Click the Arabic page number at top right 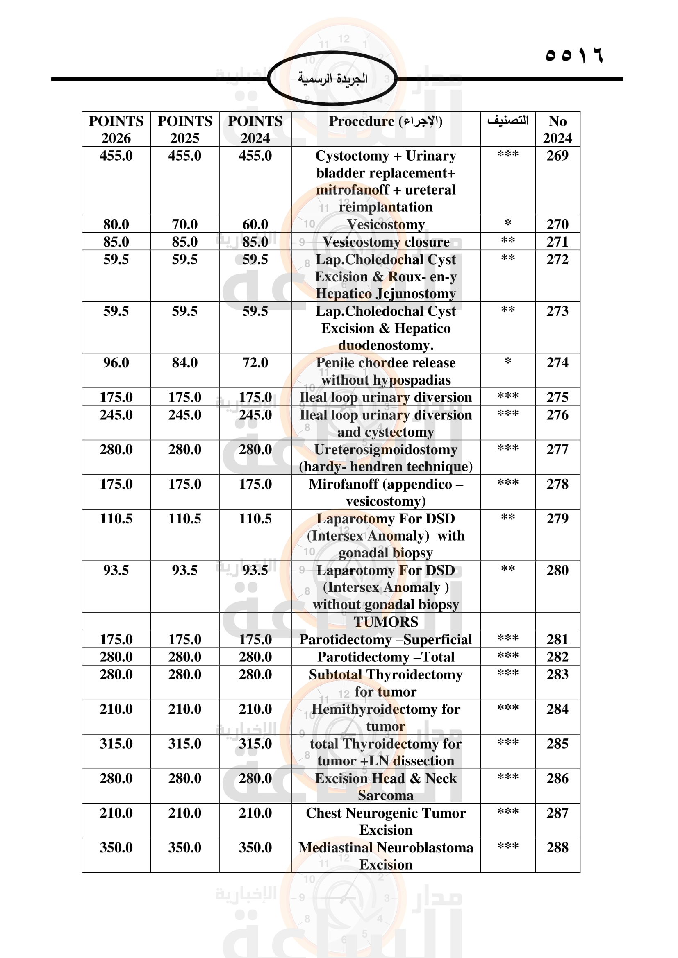pos(573,55)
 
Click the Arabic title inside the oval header pos(332,79)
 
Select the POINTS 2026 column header pos(116,129)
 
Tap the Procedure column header pos(385,121)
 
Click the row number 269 pos(557,156)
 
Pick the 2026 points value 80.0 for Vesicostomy pos(116,224)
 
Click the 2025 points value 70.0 pos(184,224)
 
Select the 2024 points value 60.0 pos(255,224)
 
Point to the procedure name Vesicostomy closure pos(386,242)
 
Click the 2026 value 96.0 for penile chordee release pos(116,362)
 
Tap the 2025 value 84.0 pos(184,362)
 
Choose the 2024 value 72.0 pos(255,362)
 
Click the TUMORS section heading pos(386,622)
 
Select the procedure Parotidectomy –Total pos(386,657)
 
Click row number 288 pos(557,847)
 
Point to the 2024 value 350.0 pos(255,847)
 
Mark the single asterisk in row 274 pos(507,361)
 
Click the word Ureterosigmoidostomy pos(386,449)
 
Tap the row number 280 pos(557,570)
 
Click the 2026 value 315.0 pos(116,743)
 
